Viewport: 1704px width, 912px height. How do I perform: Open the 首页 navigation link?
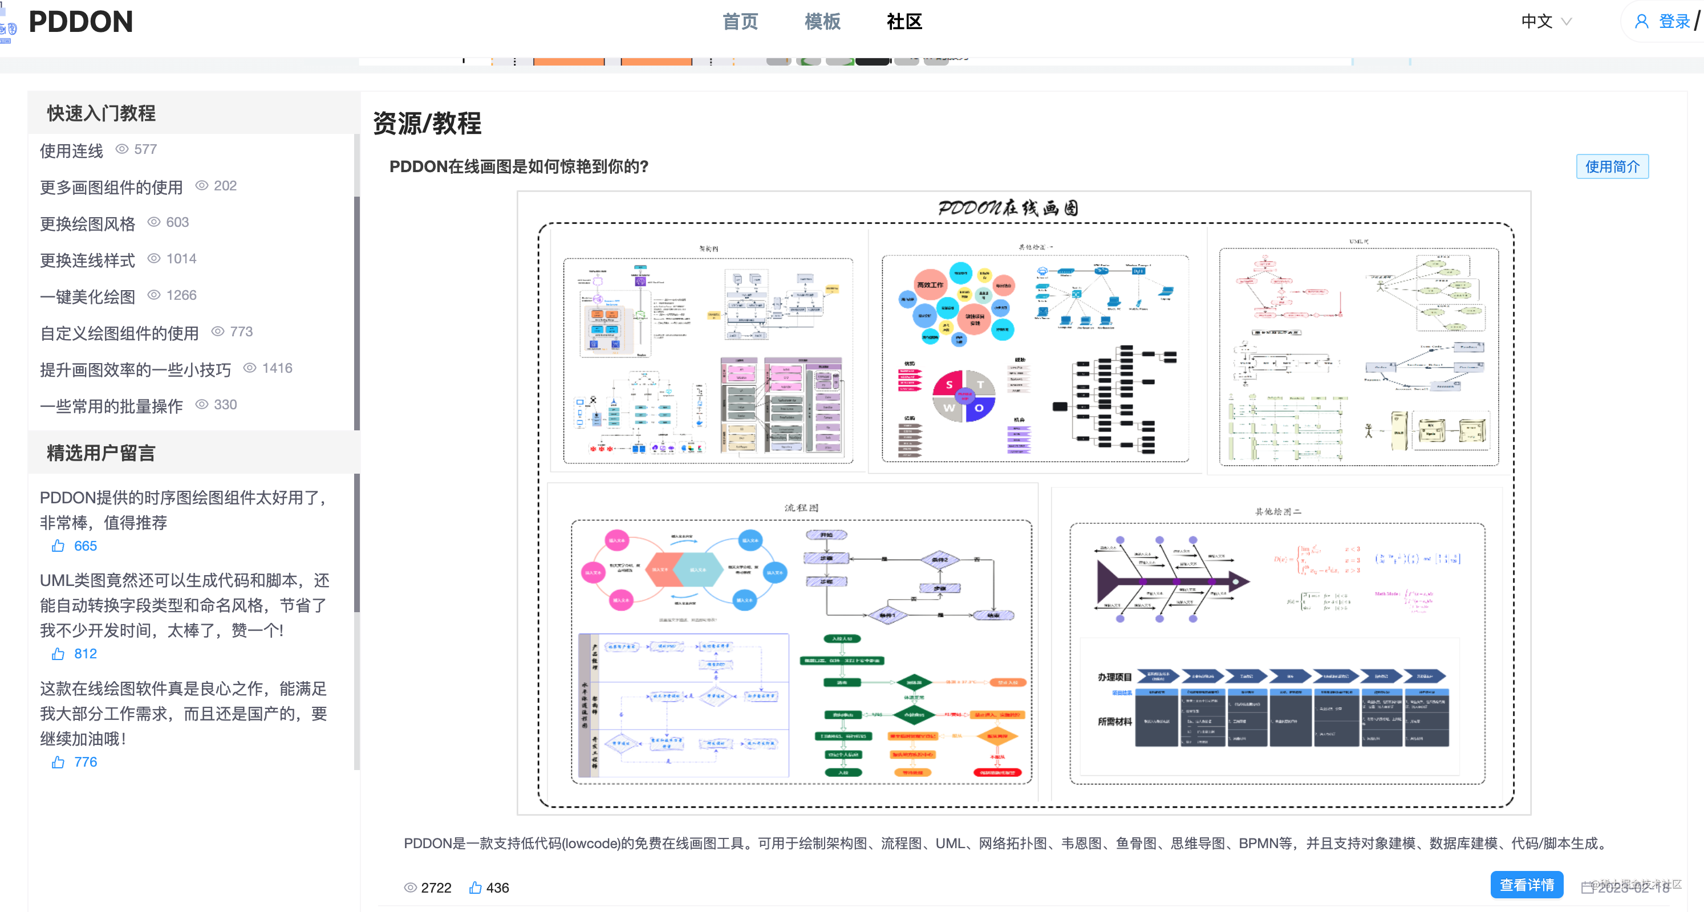(740, 22)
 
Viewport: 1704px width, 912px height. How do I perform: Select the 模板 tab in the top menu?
(822, 22)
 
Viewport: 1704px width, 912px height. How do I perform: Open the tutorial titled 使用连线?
(71, 151)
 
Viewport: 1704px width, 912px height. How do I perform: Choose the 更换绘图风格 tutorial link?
(87, 223)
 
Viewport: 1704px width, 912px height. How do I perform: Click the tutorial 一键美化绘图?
(87, 296)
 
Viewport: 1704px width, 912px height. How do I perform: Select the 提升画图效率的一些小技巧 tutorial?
(136, 369)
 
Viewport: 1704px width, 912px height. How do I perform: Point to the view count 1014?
(181, 259)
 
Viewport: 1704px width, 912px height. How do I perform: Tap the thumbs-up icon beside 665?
(58, 545)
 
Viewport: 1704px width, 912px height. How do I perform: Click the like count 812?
(86, 653)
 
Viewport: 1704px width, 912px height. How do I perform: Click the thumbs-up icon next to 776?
(58, 762)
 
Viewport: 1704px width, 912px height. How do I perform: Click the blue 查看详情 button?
(1526, 885)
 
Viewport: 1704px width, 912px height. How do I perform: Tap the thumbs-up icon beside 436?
(475, 887)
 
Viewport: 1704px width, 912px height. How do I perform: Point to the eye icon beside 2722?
(411, 887)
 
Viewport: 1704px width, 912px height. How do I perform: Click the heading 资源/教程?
(427, 124)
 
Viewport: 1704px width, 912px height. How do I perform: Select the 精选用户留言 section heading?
(100, 453)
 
